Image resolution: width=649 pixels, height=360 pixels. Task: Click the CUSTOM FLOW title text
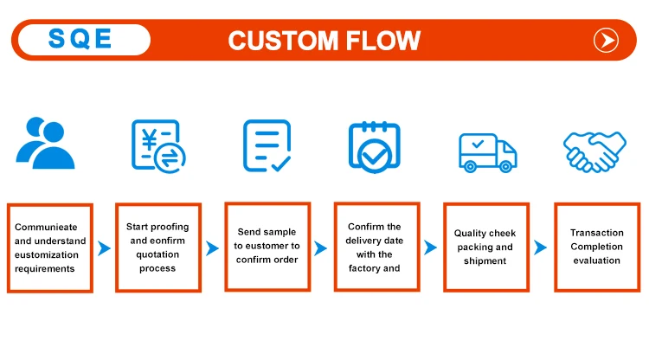[x=324, y=40]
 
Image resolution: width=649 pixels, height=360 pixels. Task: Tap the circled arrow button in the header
[x=605, y=40]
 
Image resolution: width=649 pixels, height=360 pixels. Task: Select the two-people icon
[x=46, y=143]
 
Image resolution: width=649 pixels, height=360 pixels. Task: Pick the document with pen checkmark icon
[x=266, y=145]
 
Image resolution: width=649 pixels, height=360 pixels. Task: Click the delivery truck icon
[x=486, y=152]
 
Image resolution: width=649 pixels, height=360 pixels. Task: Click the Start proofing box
[x=157, y=247]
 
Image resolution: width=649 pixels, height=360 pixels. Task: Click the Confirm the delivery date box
[x=376, y=247]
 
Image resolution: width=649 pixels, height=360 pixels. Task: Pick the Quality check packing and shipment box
[x=485, y=247]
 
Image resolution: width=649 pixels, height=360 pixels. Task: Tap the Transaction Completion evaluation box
[x=596, y=247]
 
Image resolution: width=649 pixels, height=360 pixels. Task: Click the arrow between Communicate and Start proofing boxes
[x=104, y=248]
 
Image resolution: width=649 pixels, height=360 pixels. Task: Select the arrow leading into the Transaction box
[x=540, y=248]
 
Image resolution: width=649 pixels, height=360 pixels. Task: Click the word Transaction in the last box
[x=596, y=233]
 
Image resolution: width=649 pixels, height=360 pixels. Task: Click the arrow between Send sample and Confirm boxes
[x=321, y=248]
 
